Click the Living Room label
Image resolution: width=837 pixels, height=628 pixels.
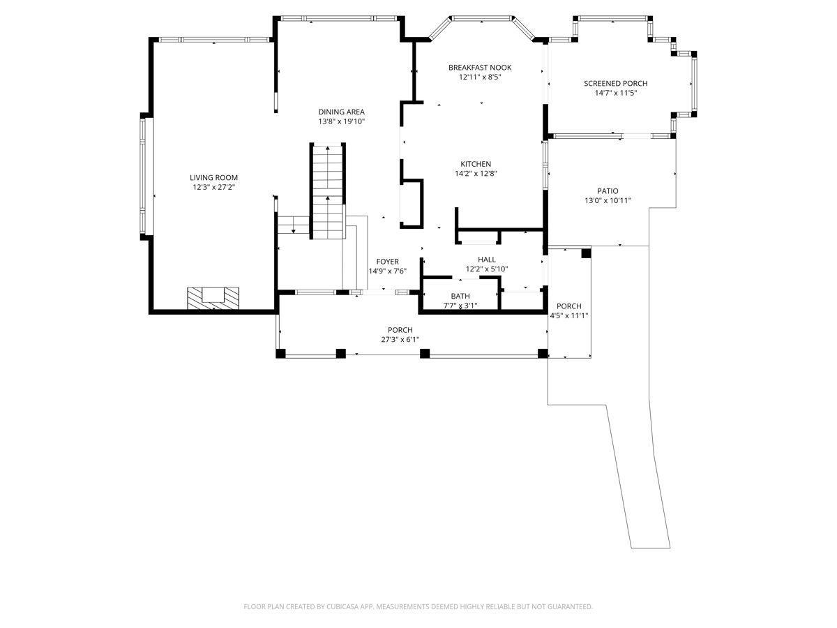pos(213,177)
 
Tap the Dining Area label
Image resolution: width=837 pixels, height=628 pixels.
pos(341,112)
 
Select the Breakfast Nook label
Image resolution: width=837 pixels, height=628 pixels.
pos(480,68)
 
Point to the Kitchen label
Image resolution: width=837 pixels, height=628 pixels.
pos(476,164)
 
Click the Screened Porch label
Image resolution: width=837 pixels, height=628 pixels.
pos(615,83)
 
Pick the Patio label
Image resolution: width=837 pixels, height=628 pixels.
pos(608,190)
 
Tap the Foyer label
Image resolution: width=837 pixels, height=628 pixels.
pos(387,262)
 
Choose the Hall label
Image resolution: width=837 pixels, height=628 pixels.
pos(487,260)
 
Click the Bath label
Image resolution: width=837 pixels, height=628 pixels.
pos(460,296)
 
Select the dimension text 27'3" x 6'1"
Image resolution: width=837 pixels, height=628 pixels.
pos(400,339)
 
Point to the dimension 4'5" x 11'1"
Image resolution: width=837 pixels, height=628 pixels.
pos(569,315)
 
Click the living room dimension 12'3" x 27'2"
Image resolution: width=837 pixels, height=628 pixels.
pos(213,187)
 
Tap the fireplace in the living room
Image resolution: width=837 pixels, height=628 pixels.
pos(213,298)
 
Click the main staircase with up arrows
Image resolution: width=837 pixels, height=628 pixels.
pos(328,191)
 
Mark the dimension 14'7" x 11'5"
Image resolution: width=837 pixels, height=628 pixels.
pos(615,93)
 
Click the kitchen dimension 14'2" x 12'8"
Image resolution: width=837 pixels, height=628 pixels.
pos(476,174)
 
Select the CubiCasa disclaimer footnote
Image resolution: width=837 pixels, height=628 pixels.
pos(418,606)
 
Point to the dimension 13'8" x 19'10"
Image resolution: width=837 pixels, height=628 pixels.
pos(342,121)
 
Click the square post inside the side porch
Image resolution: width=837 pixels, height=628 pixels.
pos(586,253)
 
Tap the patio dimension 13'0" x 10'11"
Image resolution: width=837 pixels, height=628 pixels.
pos(608,200)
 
